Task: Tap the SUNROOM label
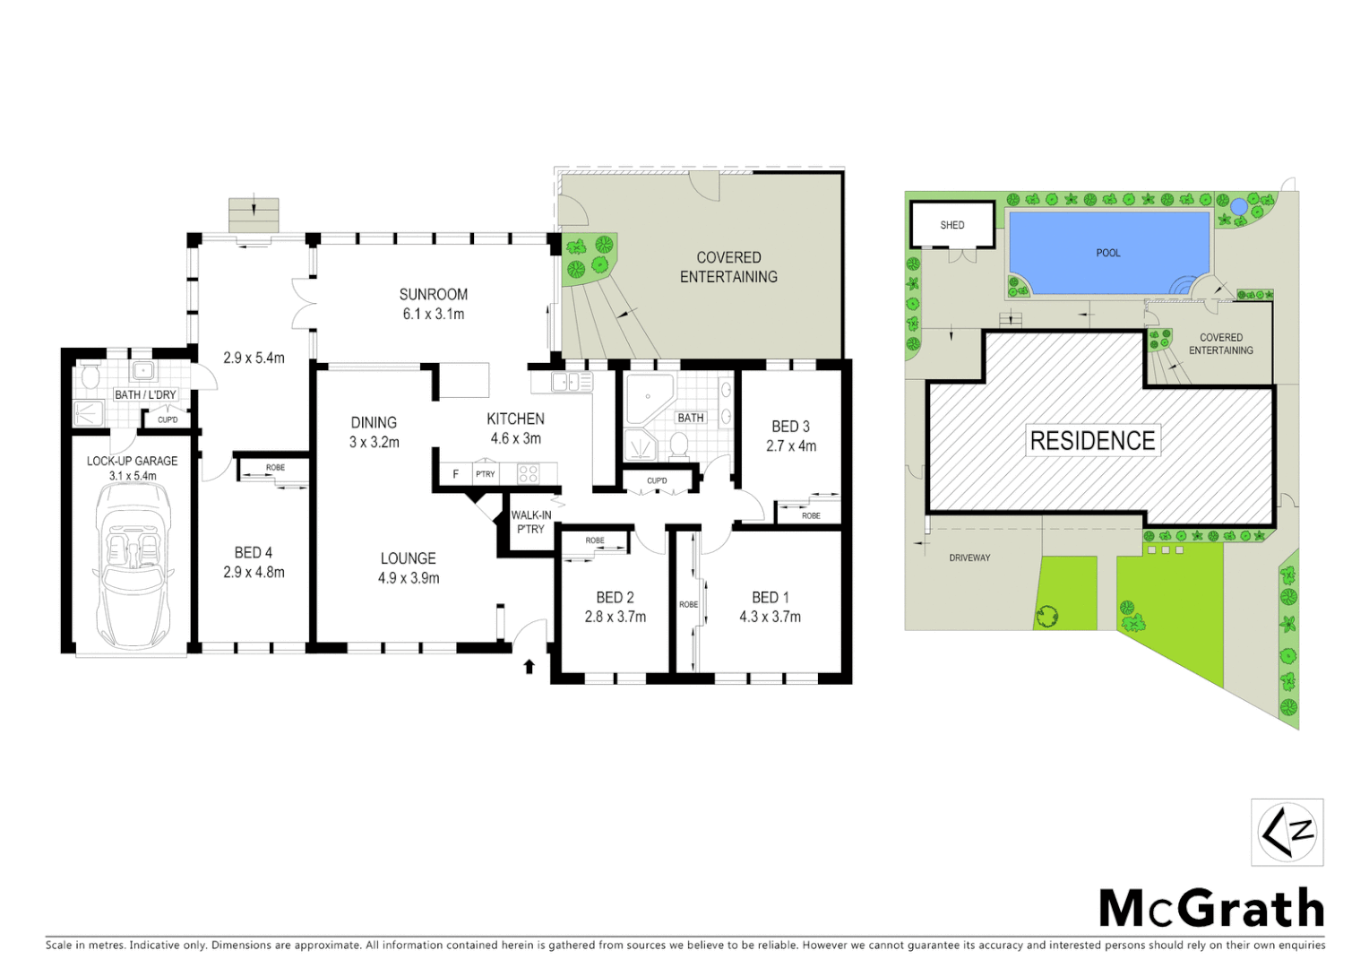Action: (x=434, y=294)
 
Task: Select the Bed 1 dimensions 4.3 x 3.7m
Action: (x=770, y=617)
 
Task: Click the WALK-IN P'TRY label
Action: (x=530, y=522)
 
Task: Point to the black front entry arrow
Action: (x=529, y=666)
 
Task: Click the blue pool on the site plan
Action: (x=1108, y=253)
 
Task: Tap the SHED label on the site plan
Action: (x=951, y=225)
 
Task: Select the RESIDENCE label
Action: (x=1092, y=440)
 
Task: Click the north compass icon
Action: (x=1287, y=832)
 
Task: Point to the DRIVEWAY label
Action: (x=969, y=557)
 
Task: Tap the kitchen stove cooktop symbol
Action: (x=529, y=472)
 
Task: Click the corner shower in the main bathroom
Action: (x=647, y=400)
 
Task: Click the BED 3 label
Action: (x=790, y=427)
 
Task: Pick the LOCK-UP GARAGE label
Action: (x=132, y=461)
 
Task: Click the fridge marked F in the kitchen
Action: (x=455, y=473)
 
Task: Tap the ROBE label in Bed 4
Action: (x=275, y=468)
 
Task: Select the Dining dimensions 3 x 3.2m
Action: (x=374, y=442)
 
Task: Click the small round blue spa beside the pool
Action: (x=1238, y=206)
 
